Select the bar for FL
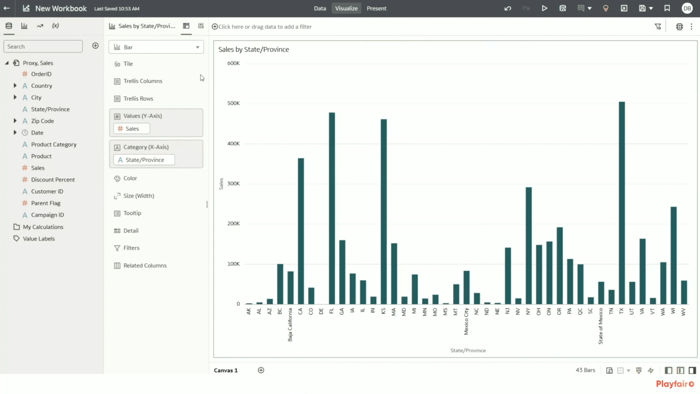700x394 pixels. click(332, 208)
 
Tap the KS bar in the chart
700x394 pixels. click(384, 212)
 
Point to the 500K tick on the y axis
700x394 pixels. click(234, 103)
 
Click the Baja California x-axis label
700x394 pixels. click(290, 325)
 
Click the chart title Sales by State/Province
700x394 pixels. click(254, 49)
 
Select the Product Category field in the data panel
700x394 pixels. click(54, 144)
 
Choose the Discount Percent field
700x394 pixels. click(53, 179)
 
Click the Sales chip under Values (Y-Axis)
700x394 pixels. click(132, 129)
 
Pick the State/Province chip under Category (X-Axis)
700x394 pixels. click(144, 160)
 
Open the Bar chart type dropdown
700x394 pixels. click(156, 47)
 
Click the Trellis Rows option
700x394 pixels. click(138, 99)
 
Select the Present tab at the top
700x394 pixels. click(376, 8)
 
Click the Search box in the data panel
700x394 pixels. click(43, 46)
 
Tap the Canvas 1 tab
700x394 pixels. click(226, 370)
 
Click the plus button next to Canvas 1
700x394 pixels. click(261, 370)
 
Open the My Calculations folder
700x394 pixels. click(43, 227)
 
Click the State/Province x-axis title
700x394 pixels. click(468, 350)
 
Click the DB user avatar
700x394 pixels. click(687, 8)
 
